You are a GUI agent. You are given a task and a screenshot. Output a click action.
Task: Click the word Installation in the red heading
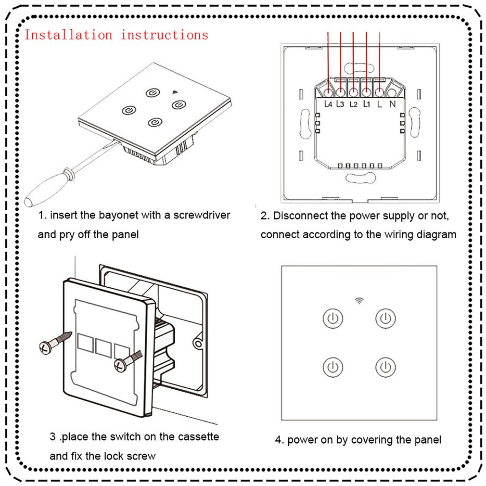click(68, 35)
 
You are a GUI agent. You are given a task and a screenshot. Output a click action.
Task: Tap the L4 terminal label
click(329, 103)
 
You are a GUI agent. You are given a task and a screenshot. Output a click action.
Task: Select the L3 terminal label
click(341, 103)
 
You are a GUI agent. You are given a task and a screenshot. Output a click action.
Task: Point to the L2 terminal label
click(354, 103)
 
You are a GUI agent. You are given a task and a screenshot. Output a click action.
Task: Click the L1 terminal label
click(367, 103)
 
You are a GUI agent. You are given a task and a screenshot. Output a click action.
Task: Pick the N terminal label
click(392, 103)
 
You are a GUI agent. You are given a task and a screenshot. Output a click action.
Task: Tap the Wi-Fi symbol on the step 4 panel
click(359, 301)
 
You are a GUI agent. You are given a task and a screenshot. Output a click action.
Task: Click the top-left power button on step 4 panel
click(333, 318)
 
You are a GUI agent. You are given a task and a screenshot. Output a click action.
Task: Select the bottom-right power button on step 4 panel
click(385, 367)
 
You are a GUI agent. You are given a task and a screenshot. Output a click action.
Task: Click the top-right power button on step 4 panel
click(385, 318)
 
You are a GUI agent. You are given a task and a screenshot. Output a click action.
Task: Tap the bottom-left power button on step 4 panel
click(333, 367)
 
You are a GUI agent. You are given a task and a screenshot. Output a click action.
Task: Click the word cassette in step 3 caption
click(199, 437)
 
